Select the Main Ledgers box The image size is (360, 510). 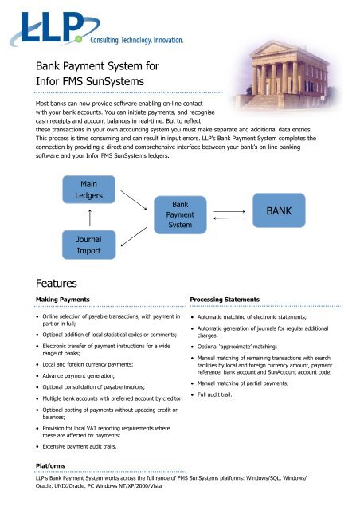point(84,190)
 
